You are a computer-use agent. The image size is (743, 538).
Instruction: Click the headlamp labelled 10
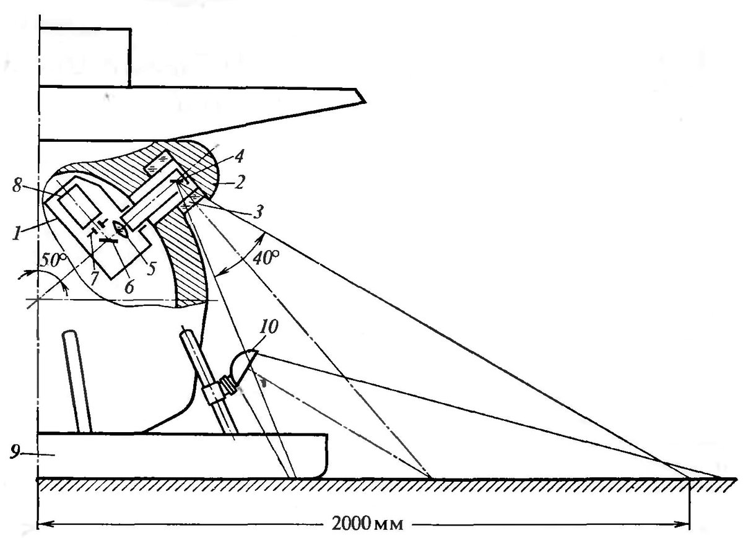pos(244,365)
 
